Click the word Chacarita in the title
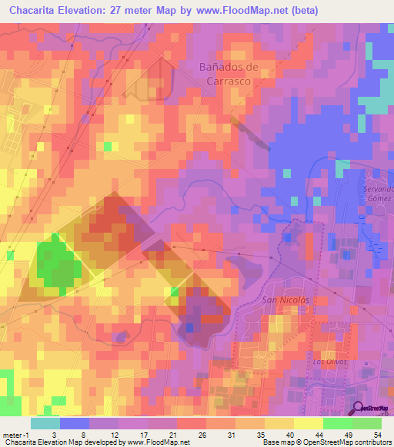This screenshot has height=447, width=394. (35, 10)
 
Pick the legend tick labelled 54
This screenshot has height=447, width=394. (376, 434)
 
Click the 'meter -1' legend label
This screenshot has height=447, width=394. (15, 434)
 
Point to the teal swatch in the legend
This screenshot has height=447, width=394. (45, 423)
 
